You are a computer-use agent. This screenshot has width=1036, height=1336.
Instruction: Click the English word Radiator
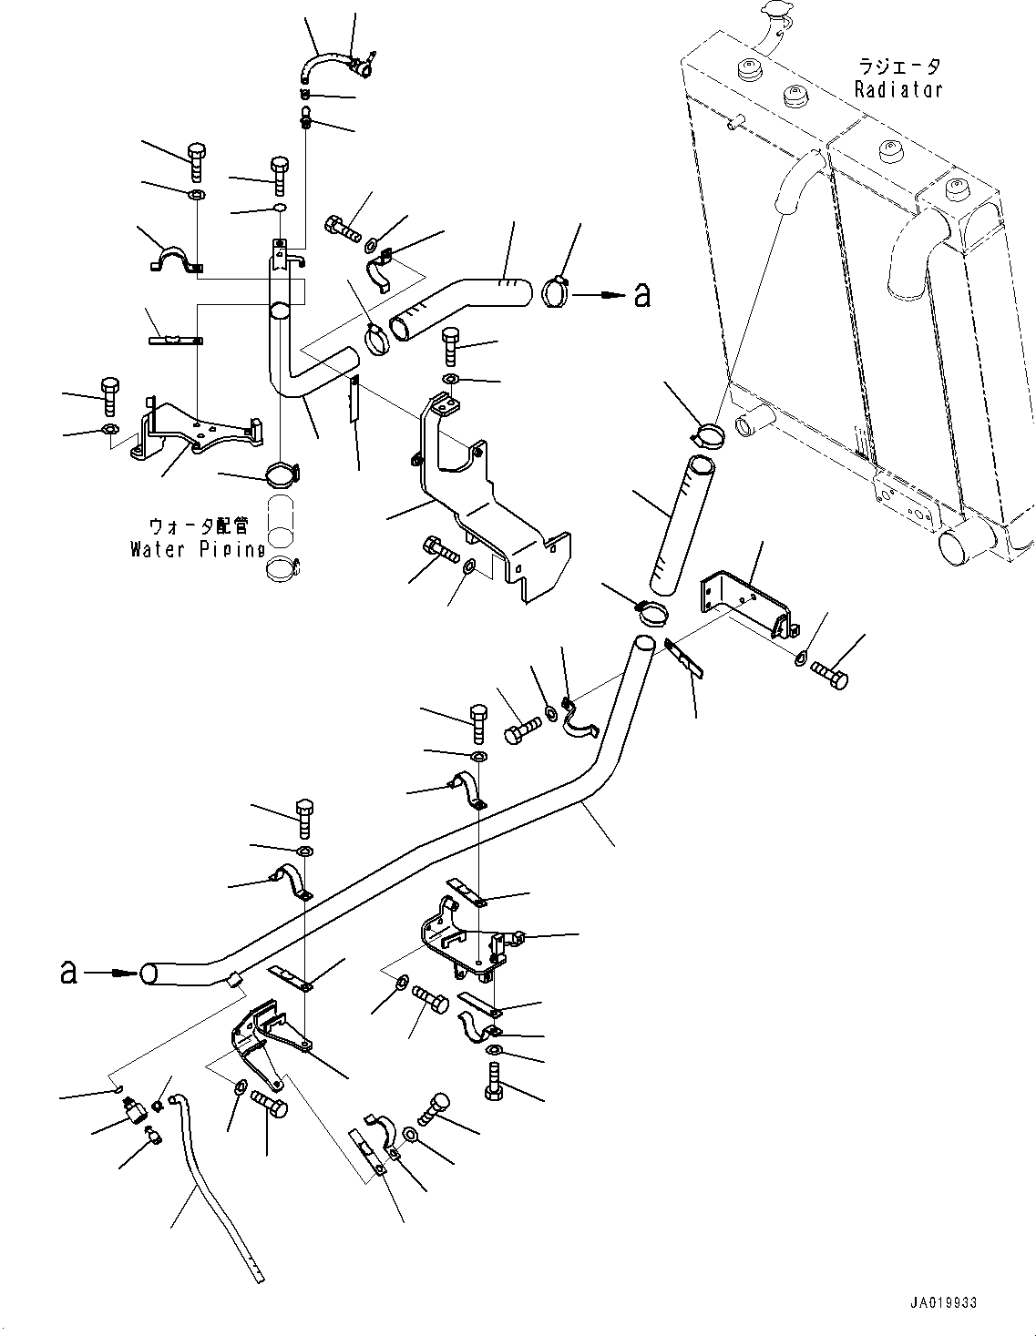[x=898, y=89]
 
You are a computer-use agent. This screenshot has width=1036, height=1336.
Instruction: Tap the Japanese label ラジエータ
[x=898, y=67]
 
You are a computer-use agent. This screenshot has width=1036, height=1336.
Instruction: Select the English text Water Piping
[x=197, y=549]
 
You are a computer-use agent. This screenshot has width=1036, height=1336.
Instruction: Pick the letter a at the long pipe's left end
[x=67, y=972]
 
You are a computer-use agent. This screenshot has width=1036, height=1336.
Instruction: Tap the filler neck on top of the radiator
[x=770, y=25]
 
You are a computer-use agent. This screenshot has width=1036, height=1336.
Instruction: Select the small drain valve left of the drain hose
[x=134, y=1110]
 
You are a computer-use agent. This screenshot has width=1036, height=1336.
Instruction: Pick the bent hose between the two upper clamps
[x=460, y=307]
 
